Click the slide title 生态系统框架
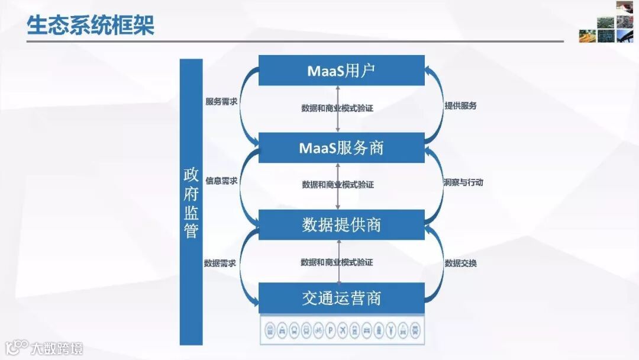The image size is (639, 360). pos(91,25)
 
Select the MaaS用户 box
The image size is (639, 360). pos(341,70)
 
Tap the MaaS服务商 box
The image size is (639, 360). pos(341,147)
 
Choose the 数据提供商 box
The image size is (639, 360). pos(341,224)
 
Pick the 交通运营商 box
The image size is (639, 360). pos(341,298)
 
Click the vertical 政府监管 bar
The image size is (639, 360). pos(191,202)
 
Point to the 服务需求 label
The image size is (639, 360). pos(221,102)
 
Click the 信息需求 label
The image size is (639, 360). pos(221,181)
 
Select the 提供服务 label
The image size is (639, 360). pos(460,106)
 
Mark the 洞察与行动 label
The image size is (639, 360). pos(463,182)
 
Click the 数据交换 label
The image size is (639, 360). pos(460,263)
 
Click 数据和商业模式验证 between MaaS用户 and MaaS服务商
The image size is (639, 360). pos(337,108)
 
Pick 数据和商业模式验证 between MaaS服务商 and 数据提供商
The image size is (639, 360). pos(337,185)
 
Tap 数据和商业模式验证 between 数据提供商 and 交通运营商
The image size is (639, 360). pos(337,262)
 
